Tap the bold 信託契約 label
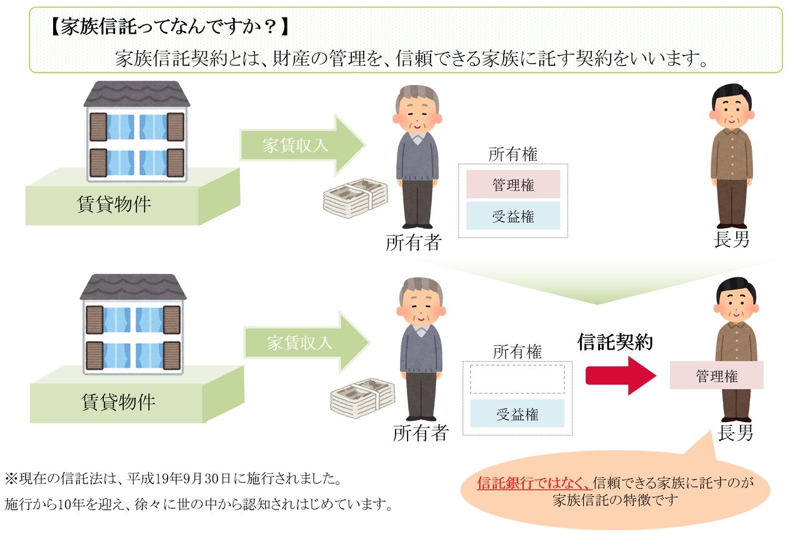pyautogui.click(x=615, y=342)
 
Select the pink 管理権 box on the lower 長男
pyautogui.click(x=716, y=376)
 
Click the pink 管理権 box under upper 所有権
pyautogui.click(x=512, y=185)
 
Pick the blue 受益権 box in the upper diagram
pyautogui.click(x=512, y=216)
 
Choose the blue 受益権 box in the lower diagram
pyautogui.click(x=517, y=414)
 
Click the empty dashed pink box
pyautogui.click(x=517, y=380)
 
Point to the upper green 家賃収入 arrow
pyautogui.click(x=300, y=145)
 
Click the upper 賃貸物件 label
pyautogui.click(x=114, y=204)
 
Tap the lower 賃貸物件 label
pyautogui.click(x=117, y=401)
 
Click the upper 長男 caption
pyautogui.click(x=731, y=239)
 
